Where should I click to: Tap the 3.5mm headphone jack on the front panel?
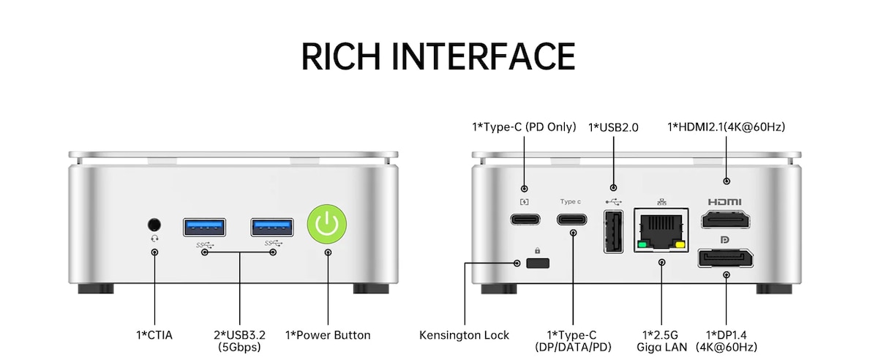click(x=154, y=224)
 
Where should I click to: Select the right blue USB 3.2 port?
click(x=273, y=228)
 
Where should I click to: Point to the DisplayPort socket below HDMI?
click(x=726, y=258)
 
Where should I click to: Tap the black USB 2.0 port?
click(x=613, y=232)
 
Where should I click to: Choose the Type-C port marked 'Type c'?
click(x=573, y=218)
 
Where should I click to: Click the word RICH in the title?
click(x=341, y=56)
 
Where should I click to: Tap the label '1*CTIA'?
click(x=154, y=335)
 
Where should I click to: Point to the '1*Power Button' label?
click(x=328, y=335)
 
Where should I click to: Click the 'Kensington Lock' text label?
click(x=464, y=335)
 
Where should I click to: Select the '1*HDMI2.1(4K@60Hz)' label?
click(x=726, y=127)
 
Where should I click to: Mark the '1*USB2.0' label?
click(x=613, y=127)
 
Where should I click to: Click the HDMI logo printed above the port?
click(x=725, y=202)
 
